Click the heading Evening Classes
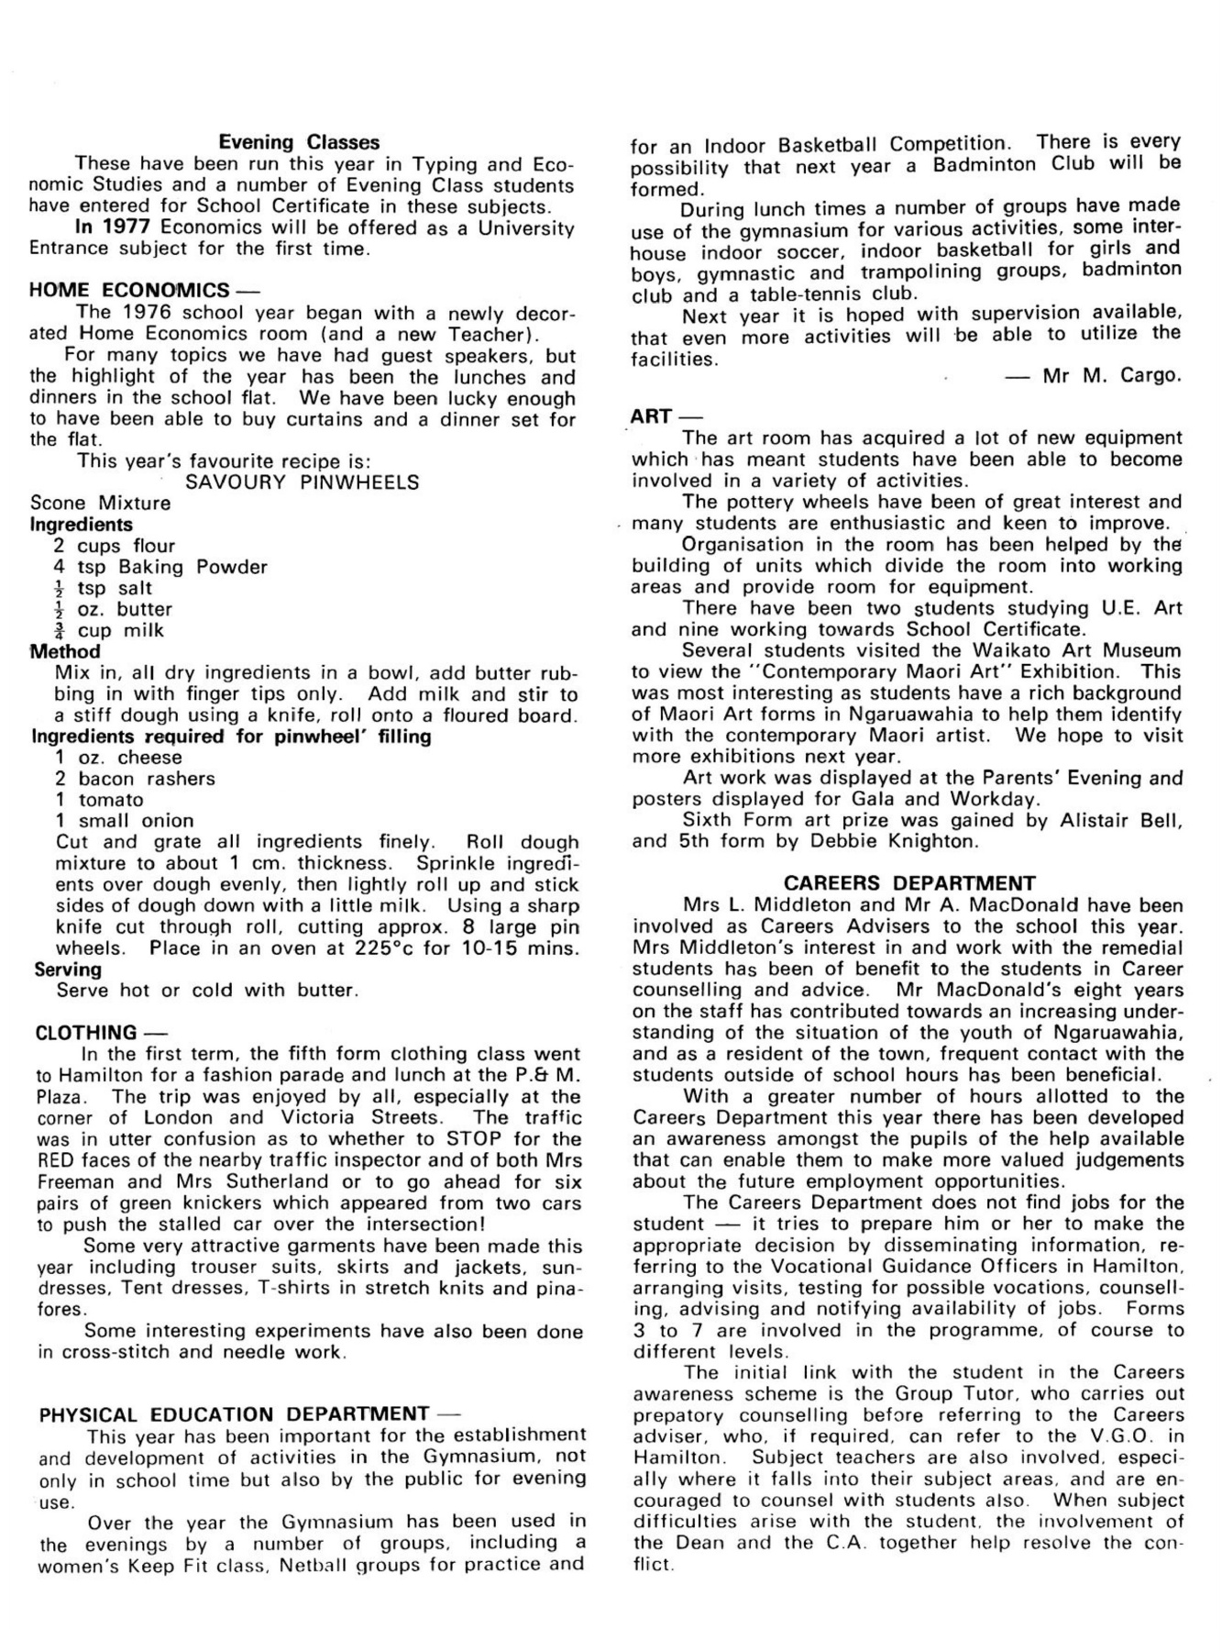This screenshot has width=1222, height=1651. click(299, 142)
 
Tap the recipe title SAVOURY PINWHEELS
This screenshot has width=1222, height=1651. click(303, 482)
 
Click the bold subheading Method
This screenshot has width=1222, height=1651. click(65, 651)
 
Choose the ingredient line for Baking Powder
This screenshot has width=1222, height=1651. click(160, 567)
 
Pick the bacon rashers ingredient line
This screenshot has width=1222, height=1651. click(135, 779)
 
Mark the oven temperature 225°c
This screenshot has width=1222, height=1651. click(388, 948)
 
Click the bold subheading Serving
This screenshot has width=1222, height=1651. click(68, 970)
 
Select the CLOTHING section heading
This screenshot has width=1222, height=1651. click(86, 1033)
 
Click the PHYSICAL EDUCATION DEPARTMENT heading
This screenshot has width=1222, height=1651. click(234, 1414)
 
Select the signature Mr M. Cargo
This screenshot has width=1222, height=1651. click(1111, 376)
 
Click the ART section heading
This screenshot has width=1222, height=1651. click(651, 416)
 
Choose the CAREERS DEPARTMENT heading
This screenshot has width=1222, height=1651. click(909, 883)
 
